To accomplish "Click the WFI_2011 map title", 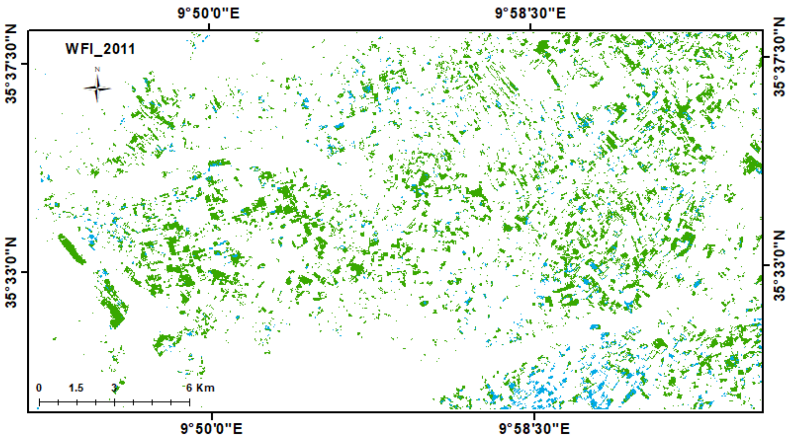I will (x=100, y=49).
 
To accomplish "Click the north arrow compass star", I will (x=97, y=89).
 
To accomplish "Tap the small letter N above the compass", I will (x=97, y=70).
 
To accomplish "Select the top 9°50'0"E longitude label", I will (x=209, y=13).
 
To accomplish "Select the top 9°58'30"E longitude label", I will (x=530, y=13).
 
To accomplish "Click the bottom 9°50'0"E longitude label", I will (x=211, y=428).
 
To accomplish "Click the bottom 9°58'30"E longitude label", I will (x=534, y=428).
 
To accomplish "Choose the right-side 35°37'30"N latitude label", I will (x=779, y=57).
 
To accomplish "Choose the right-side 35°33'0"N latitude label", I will (x=779, y=265).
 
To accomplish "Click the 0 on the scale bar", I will (x=39, y=388).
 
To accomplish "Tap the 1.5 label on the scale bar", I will (x=76, y=388).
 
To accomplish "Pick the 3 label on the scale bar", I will (x=114, y=388).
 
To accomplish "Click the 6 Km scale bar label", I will (x=201, y=388).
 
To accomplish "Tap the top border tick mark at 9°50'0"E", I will (x=209, y=27).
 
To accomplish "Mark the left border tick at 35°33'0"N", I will (x=25, y=272).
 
